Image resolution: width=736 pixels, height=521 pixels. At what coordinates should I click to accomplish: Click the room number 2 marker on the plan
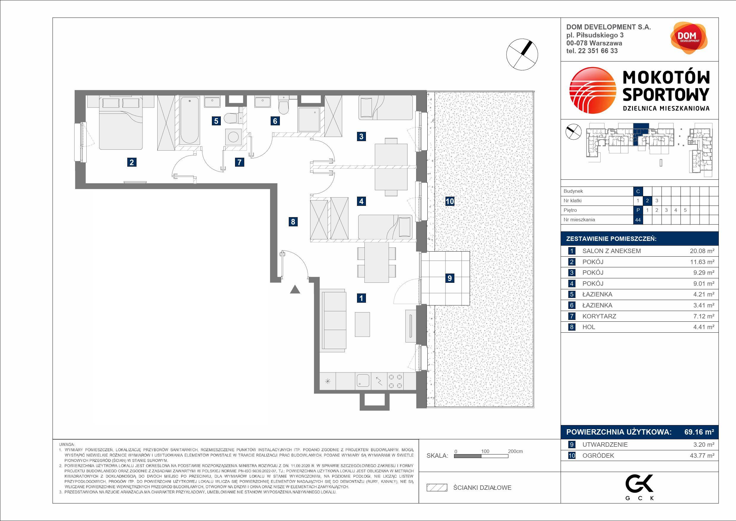[131, 162]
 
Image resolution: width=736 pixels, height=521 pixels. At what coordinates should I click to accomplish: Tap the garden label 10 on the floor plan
[449, 201]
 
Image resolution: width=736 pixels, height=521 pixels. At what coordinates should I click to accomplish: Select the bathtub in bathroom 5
[189, 120]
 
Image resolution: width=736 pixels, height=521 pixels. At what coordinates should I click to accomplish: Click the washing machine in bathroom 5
[232, 137]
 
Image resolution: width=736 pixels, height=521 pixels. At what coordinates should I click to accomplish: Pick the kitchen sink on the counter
[363, 381]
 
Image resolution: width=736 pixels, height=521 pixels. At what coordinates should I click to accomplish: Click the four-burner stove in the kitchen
[395, 381]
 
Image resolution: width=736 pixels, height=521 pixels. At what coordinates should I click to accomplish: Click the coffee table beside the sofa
[362, 324]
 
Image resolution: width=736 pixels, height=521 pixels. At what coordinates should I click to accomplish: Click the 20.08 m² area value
[702, 251]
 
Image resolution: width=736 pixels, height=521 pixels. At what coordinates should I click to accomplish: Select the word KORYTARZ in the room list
[599, 316]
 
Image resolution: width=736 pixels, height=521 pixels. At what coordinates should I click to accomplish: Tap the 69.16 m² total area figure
[699, 432]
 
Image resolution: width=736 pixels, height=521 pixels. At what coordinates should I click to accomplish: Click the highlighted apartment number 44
[638, 220]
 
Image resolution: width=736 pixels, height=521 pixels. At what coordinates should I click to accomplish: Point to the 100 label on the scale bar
[485, 451]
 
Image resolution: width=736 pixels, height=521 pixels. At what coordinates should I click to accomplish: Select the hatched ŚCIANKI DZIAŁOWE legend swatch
[437, 488]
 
